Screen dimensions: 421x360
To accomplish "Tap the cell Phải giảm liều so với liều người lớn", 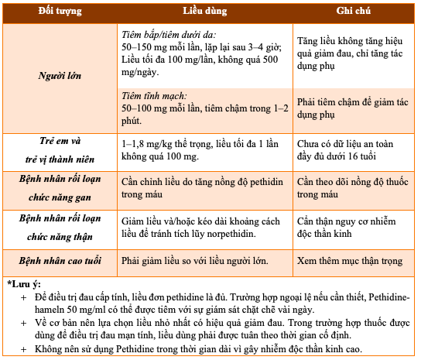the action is tap(196, 260).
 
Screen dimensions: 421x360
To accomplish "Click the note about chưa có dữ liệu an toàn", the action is tap(351, 149).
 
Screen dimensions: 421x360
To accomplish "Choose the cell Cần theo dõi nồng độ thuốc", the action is tap(352, 187).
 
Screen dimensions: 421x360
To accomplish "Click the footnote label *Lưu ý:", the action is tap(26, 283).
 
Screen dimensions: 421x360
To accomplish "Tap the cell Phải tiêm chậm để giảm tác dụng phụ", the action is tap(352, 108).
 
